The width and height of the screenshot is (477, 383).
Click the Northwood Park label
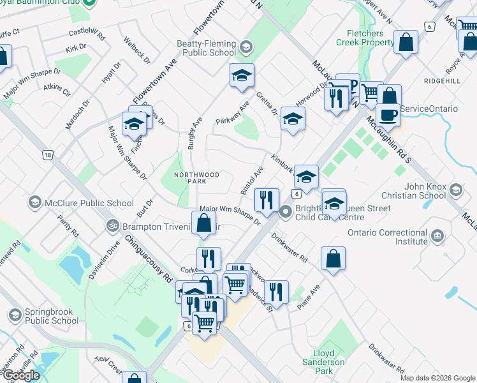197,178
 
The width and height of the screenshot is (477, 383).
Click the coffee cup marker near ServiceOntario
388,115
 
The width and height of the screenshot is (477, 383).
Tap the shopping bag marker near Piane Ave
333,259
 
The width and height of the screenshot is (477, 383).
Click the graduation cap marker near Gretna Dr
292,119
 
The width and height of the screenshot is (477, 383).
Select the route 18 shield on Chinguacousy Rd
47,154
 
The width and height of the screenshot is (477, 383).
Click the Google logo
22,375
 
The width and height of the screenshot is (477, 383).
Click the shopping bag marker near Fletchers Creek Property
406,43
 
